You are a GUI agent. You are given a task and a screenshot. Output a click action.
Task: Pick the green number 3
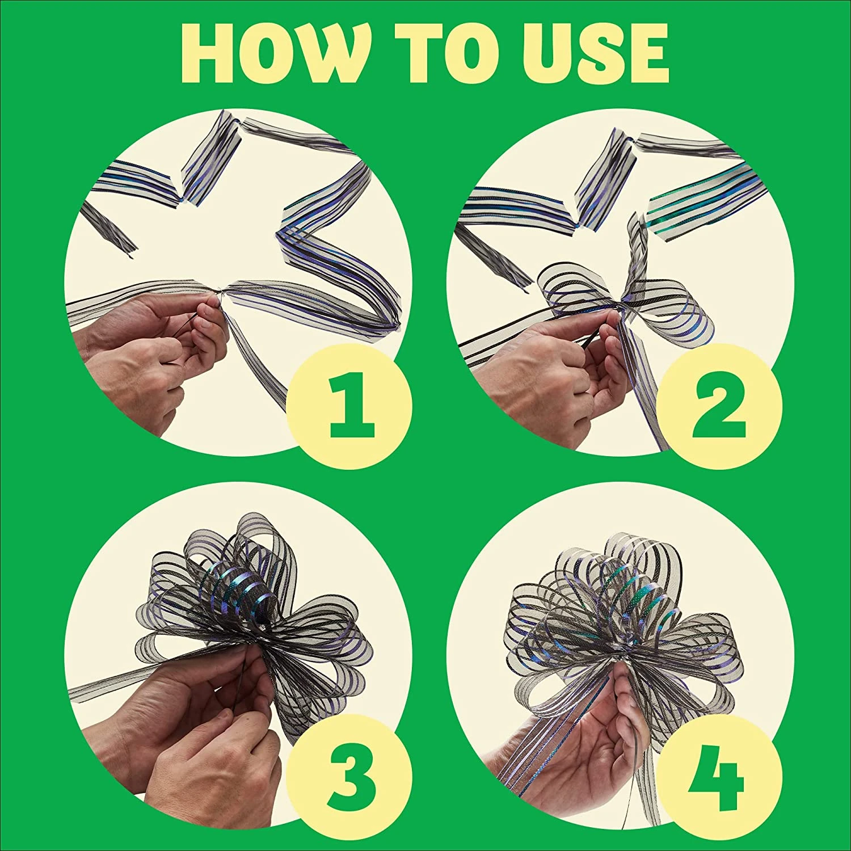point(350,773)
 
